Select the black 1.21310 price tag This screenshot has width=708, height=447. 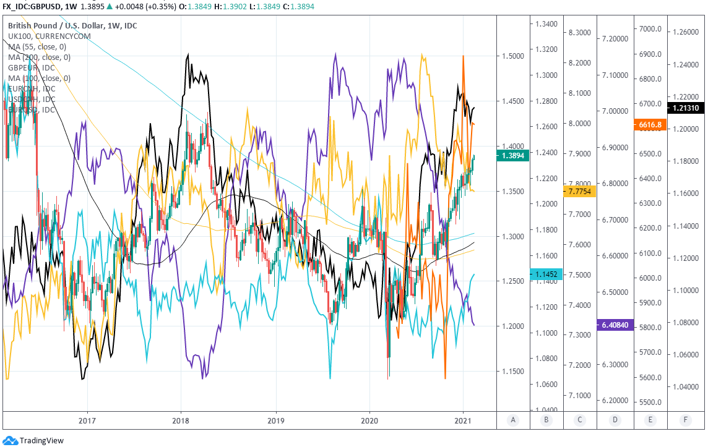point(685,108)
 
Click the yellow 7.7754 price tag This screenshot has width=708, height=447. point(580,192)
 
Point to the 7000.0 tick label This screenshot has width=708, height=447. point(651,29)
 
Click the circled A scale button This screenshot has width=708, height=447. point(512,420)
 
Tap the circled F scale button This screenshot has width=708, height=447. point(685,420)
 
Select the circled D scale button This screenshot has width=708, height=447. point(615,420)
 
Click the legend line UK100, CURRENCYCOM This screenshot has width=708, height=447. point(50,36)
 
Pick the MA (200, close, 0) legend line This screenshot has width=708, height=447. point(40,57)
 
